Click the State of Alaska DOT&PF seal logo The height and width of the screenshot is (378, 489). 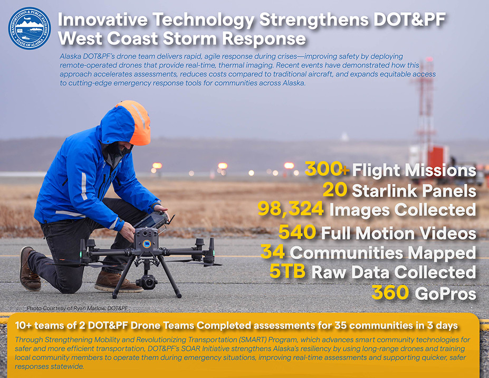click(x=30, y=29)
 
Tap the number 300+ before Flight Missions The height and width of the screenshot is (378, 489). click(x=327, y=170)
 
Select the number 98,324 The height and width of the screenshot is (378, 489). click(x=291, y=210)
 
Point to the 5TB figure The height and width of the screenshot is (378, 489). click(x=288, y=272)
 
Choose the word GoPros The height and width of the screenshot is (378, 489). click(x=445, y=294)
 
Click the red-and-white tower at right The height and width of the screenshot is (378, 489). click(x=425, y=106)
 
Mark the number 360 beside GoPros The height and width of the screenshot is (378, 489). click(x=391, y=293)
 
